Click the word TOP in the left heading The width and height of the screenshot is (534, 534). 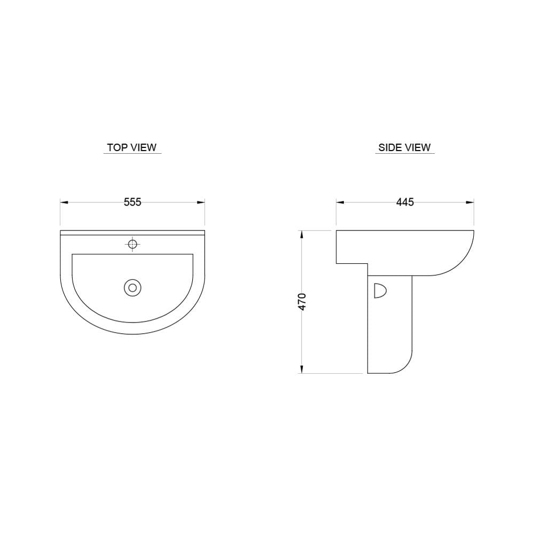[117, 147]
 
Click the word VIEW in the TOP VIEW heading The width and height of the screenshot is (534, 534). [144, 147]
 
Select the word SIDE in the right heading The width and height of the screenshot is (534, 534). [389, 147]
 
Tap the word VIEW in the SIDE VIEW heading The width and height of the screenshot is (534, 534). [418, 147]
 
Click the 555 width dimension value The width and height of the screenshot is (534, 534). [132, 202]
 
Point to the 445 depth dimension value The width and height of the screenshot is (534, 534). [405, 202]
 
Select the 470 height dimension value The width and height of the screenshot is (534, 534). [302, 302]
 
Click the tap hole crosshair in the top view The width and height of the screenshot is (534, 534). [132, 244]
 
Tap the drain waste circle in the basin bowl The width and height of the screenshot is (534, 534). [132, 288]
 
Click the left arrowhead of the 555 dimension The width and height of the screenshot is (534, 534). [65, 202]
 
